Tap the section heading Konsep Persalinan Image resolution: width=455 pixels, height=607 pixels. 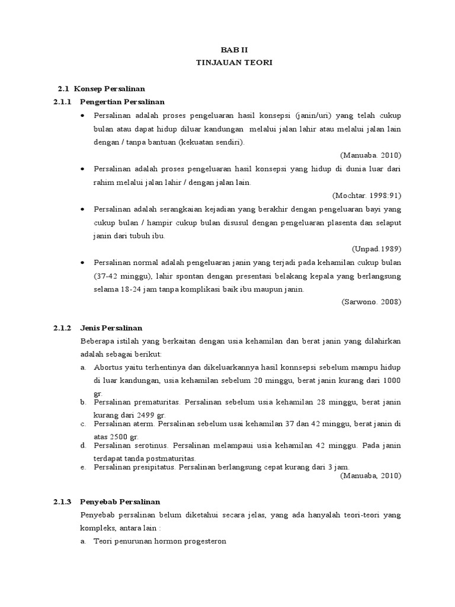tap(110, 88)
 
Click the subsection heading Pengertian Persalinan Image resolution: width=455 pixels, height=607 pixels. tap(122, 101)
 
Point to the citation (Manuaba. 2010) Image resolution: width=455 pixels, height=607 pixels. tap(371, 155)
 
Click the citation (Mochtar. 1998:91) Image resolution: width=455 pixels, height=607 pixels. tap(367, 195)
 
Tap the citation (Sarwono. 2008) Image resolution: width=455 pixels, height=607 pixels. tap(371, 302)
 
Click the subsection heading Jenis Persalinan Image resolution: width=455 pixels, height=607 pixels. tap(111, 328)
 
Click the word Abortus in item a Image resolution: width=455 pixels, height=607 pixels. tap(107, 368)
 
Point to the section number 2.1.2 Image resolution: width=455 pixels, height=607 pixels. tap(62, 328)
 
